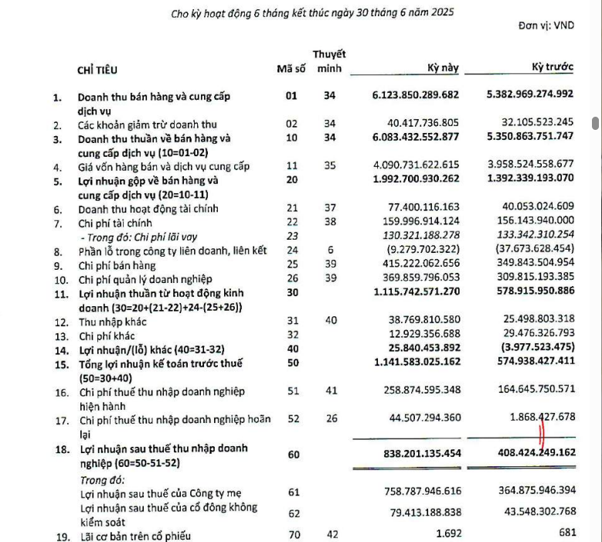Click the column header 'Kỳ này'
[443, 67]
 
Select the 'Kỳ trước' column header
[553, 67]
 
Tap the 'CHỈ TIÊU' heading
[97, 70]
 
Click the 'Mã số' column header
[291, 69]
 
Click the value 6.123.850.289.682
[416, 96]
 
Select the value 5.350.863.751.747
[530, 138]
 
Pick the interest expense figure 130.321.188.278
[416, 235]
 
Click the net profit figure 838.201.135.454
[416, 453]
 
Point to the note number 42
[331, 533]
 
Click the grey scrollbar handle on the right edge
[596, 123]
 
